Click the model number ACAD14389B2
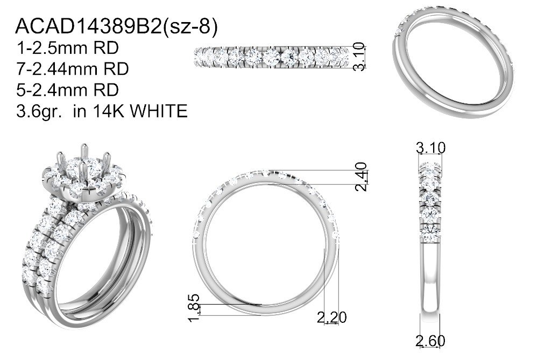coord(89,26)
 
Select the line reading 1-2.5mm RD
coord(67,48)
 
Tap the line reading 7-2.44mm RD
coord(73,69)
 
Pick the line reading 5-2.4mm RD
coord(67,89)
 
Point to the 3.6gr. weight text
coord(39,111)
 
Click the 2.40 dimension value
coord(362,177)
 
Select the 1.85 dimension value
coord(194,307)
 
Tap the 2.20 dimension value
coord(331,317)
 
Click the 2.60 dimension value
coord(430,341)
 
